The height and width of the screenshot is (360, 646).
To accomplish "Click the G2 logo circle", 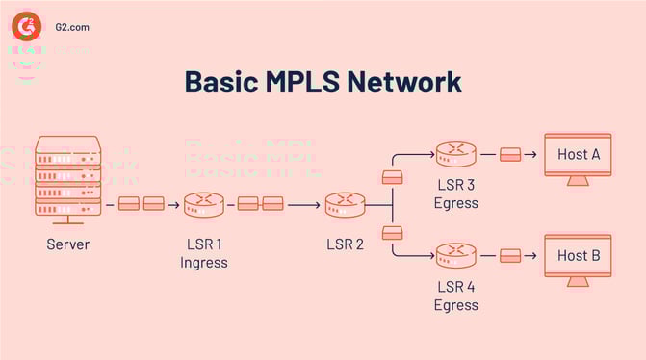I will pos(26,26).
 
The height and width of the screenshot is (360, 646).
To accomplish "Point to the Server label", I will pos(67,244).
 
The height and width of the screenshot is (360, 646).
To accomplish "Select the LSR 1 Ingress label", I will pos(203,253).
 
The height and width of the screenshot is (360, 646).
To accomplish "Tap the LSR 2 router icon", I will pos(345,204).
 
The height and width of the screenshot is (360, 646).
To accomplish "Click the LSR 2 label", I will pos(345,244).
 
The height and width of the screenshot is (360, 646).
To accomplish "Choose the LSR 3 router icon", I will pos(455,153).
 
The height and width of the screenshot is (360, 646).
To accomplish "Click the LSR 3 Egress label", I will pos(455,194).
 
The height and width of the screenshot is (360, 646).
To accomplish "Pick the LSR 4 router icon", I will pos(455,255).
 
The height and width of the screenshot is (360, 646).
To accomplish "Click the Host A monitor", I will pos(578,156).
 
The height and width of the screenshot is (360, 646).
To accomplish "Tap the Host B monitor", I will pos(578,258).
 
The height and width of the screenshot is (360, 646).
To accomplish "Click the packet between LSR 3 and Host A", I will pos(511,154).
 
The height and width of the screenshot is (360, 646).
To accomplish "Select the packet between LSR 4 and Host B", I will pos(511,256).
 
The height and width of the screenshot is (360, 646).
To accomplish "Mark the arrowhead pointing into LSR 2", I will pos(317,204).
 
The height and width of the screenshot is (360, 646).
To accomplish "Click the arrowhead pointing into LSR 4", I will pos(427,256).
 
